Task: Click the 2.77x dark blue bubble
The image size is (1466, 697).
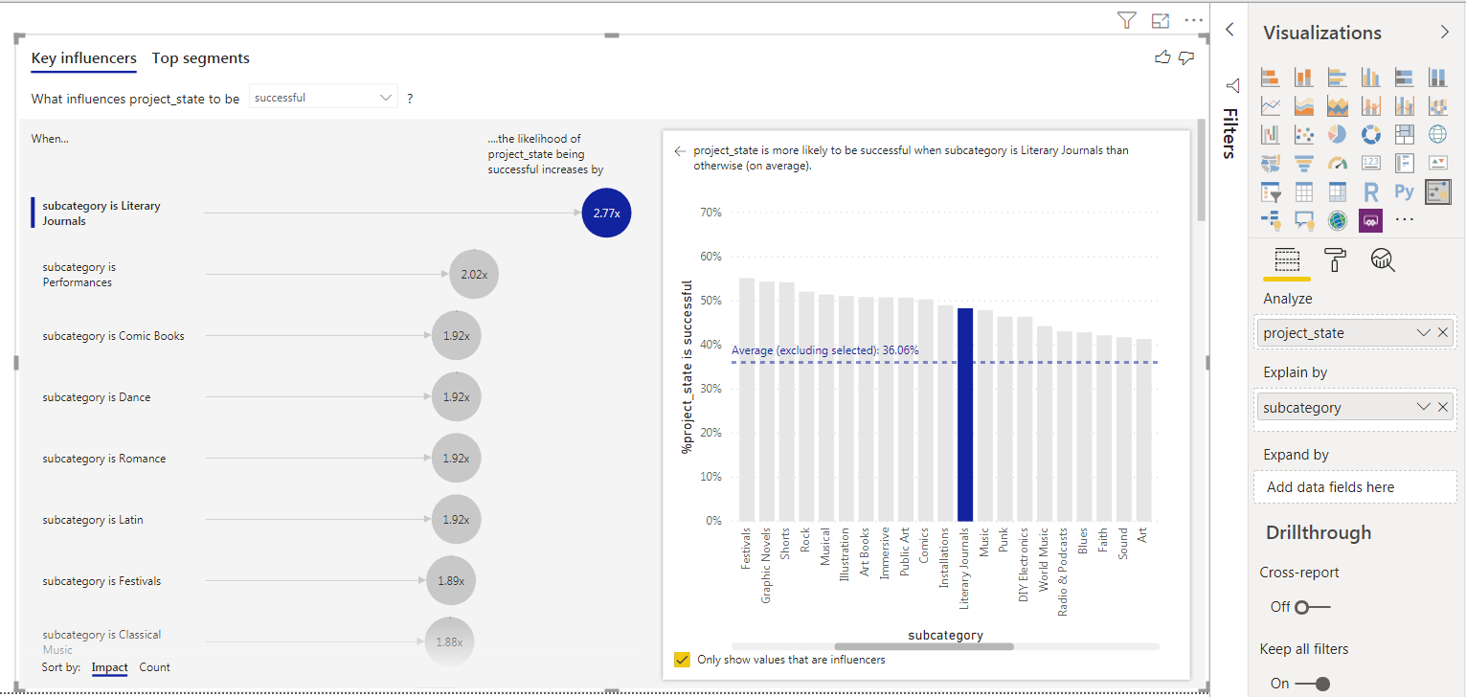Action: pos(606,214)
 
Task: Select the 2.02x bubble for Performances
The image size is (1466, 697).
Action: pos(474,275)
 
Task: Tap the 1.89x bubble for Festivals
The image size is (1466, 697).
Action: pos(450,581)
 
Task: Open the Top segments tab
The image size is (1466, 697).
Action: pos(200,58)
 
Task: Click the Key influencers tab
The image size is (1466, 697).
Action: pos(83,58)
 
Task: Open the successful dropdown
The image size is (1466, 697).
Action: pos(324,98)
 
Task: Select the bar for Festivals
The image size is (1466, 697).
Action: pos(747,399)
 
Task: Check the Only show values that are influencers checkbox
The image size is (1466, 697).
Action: pos(682,660)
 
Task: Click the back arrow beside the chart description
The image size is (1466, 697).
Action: pos(680,151)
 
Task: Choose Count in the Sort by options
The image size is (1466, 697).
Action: pos(154,667)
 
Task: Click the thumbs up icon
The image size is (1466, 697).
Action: pos(1162,58)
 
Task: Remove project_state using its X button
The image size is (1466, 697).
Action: pos(1443,333)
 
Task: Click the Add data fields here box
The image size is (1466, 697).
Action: pos(1354,487)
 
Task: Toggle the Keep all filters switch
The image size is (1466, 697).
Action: pos(1312,684)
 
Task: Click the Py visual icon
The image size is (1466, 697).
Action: pos(1404,191)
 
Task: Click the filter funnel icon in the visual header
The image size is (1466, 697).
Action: pos(1126,20)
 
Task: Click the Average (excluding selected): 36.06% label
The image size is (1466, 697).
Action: pos(824,350)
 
